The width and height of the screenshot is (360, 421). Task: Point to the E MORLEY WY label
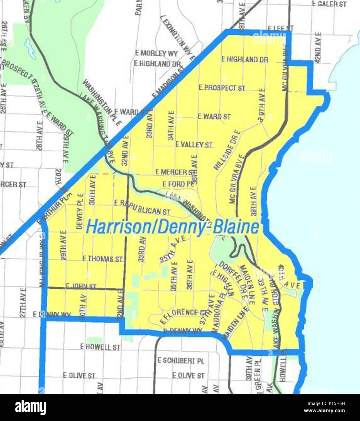tap(156, 53)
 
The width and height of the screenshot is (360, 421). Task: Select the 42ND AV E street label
tap(317, 48)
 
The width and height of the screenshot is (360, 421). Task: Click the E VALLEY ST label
tap(194, 144)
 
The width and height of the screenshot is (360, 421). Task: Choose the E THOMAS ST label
tap(102, 259)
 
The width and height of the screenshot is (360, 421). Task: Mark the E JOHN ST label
tap(81, 286)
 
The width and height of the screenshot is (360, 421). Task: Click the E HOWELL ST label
tap(100, 347)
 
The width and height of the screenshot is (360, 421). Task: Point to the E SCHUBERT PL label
tap(181, 360)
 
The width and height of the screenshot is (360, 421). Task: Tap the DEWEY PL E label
tap(80, 211)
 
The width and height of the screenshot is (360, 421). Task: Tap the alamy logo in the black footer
tap(30, 407)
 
